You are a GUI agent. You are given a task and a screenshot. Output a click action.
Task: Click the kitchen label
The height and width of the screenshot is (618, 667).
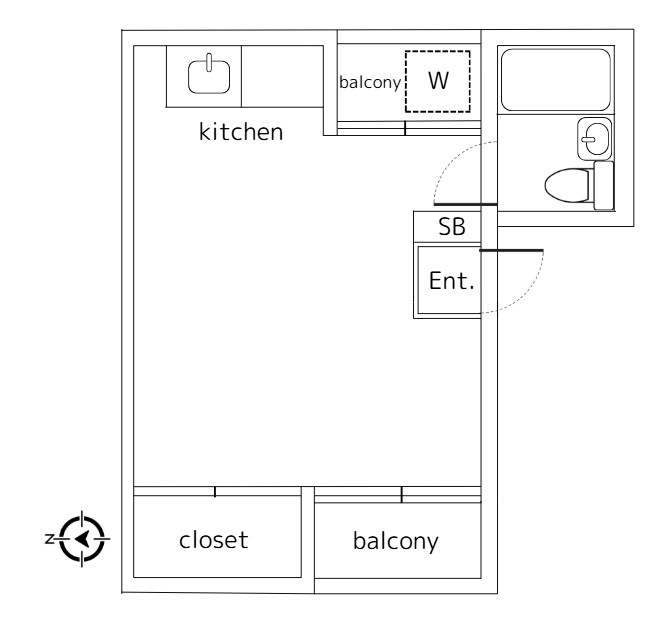tap(241, 132)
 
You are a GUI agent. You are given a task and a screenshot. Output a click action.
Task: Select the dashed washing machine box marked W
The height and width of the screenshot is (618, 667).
tap(437, 80)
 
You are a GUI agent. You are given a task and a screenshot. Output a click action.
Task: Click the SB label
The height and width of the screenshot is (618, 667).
tap(452, 227)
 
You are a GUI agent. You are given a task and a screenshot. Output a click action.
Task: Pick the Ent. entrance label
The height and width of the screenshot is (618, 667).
tap(450, 281)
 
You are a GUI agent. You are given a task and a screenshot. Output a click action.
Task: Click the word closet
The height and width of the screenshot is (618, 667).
tap(213, 540)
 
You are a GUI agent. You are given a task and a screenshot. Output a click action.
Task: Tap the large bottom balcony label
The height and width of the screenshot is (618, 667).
tap(396, 542)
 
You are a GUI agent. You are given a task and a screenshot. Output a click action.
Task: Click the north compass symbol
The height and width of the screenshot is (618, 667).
tap(84, 538)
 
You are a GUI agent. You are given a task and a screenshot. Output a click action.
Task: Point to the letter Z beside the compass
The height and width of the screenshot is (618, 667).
tap(49, 539)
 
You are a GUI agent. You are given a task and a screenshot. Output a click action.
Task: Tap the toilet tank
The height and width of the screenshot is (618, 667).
tap(603, 186)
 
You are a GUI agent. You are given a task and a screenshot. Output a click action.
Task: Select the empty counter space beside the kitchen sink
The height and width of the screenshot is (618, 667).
tap(283, 75)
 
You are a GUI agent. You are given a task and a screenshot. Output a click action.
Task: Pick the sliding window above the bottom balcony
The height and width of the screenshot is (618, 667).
tap(400, 494)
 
